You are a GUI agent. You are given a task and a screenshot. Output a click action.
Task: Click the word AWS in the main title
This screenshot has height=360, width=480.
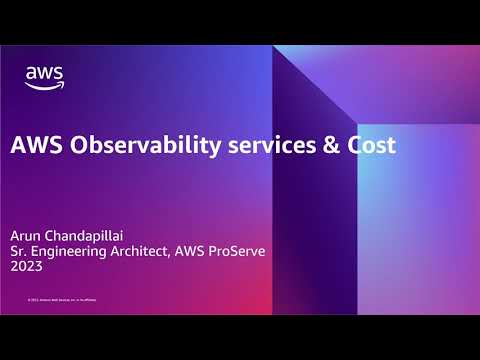(32, 145)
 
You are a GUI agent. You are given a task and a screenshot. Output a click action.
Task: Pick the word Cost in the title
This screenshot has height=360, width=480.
(370, 145)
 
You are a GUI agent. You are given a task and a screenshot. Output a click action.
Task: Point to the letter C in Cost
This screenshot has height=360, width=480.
(351, 145)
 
